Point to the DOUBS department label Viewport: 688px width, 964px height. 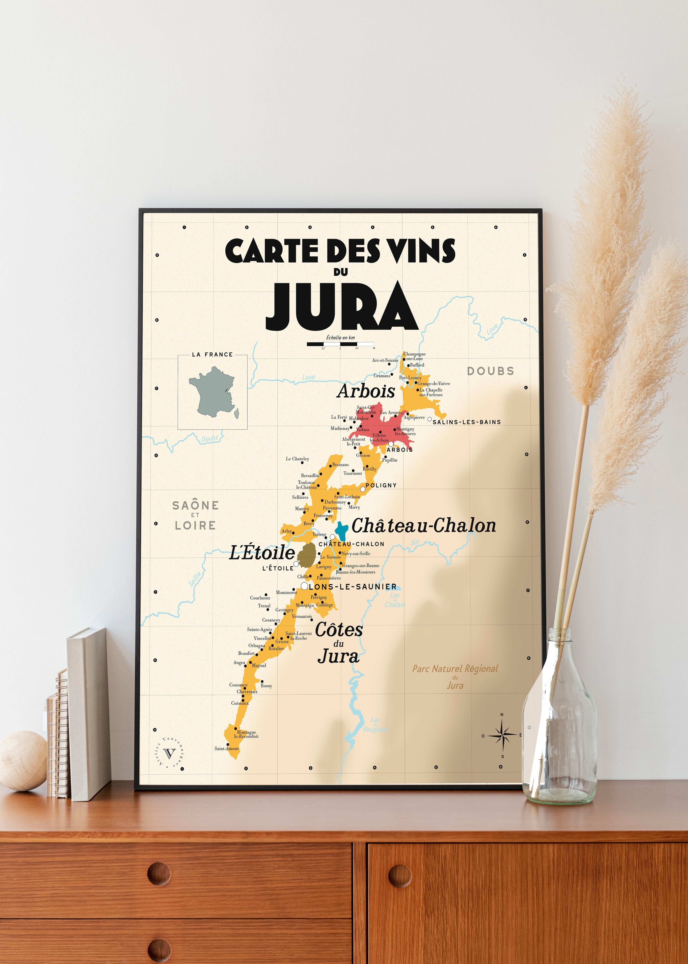coord(490,371)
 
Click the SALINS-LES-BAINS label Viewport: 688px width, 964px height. coord(466,422)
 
